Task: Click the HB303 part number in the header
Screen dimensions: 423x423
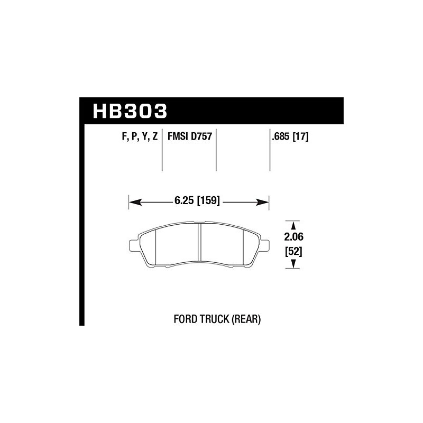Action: tap(130, 111)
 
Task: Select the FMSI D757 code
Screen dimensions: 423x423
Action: tap(190, 136)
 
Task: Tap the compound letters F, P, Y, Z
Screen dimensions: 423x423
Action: tap(140, 137)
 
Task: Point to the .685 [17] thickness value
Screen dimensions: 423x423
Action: tap(290, 137)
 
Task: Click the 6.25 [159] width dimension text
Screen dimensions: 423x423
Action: tap(197, 201)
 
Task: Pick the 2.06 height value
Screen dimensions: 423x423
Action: tap(293, 237)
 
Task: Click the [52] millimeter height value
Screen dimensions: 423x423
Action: tap(293, 252)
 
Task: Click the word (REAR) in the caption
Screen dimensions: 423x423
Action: tap(246, 319)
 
